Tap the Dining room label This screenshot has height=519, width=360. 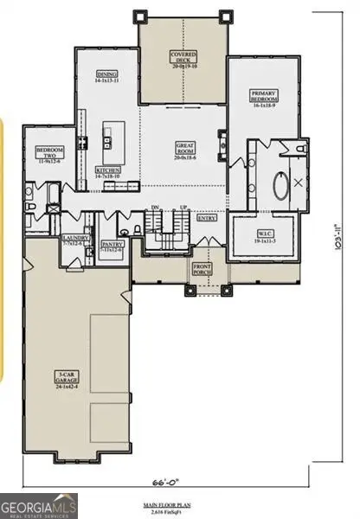pos(108,76)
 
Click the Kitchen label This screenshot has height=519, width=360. pos(108,172)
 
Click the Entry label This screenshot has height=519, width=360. pos(207,219)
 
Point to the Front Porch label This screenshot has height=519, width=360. pos(202,269)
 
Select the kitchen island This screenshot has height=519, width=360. pos(110,136)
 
